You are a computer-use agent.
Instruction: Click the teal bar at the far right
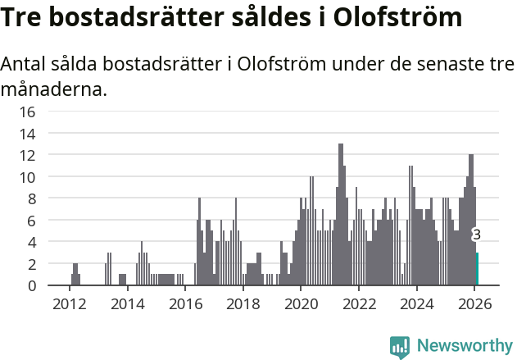pyautogui.click(x=478, y=269)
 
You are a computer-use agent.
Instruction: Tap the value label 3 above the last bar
pyautogui.click(x=477, y=235)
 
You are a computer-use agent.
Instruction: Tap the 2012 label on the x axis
pyautogui.click(x=69, y=303)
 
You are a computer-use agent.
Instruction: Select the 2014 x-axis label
pyautogui.click(x=127, y=303)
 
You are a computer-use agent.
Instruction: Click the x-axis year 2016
pyautogui.click(x=185, y=303)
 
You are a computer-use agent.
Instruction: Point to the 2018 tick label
pyautogui.click(x=243, y=303)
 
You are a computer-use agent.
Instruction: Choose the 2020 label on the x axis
pyautogui.click(x=301, y=303)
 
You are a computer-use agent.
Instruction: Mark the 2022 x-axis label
pyautogui.click(x=359, y=303)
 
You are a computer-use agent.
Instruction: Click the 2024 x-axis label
pyautogui.click(x=417, y=303)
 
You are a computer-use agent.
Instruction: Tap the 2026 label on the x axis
pyautogui.click(x=474, y=303)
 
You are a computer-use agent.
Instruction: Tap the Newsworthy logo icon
pyautogui.click(x=400, y=347)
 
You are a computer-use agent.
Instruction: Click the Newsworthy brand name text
pyautogui.click(x=465, y=347)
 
